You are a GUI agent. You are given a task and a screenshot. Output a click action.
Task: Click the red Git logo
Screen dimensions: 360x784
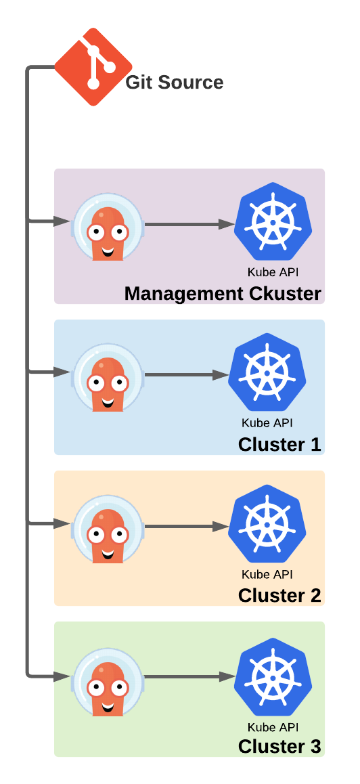[93, 66]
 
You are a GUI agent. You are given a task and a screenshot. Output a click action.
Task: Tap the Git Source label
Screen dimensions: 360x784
[174, 83]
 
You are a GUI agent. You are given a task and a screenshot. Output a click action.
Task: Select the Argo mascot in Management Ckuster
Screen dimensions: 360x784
[108, 227]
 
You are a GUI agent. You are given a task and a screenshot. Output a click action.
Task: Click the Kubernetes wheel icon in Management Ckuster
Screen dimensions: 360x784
[273, 221]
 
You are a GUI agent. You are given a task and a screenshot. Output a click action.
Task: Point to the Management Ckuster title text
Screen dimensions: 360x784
[223, 294]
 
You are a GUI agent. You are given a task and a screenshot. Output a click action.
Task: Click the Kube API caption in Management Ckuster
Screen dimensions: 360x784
[273, 272]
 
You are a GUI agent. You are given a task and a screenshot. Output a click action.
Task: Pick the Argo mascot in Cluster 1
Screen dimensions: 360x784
[108, 378]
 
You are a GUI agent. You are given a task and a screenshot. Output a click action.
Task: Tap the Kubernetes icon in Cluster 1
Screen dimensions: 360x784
[267, 372]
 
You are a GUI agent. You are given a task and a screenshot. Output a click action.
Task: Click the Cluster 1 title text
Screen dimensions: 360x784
[279, 445]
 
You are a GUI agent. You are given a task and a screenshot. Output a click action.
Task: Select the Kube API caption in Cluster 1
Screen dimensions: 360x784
[267, 423]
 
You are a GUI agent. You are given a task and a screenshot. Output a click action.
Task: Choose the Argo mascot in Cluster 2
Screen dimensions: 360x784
[108, 529]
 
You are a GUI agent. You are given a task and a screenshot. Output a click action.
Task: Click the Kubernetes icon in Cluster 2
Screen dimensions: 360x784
[267, 524]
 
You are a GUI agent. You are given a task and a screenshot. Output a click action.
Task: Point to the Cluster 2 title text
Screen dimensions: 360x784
[279, 596]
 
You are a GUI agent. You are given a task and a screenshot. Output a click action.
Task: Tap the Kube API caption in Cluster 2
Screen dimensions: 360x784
[267, 574]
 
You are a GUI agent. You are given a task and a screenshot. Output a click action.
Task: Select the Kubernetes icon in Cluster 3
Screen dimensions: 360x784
[273, 676]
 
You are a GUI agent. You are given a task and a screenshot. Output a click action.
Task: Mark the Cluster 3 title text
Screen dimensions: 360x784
[279, 747]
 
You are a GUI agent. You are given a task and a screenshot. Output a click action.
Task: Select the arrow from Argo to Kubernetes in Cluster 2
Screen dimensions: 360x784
[187, 527]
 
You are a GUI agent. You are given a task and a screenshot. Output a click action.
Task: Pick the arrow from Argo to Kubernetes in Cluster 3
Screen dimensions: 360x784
[189, 678]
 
